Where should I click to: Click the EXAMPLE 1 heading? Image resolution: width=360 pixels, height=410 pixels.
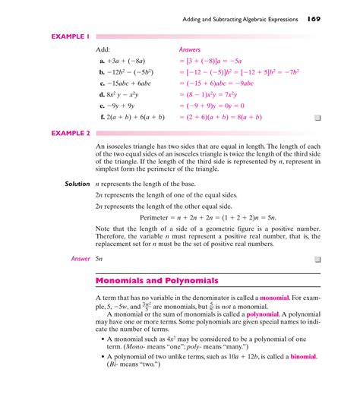pyautogui.click(x=71, y=36)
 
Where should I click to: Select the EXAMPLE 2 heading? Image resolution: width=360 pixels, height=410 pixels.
pyautogui.click(x=71, y=132)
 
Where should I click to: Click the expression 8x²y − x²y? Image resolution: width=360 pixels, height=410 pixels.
pyautogui.click(x=125, y=94)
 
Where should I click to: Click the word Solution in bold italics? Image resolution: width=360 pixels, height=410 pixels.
pyautogui.click(x=77, y=184)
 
